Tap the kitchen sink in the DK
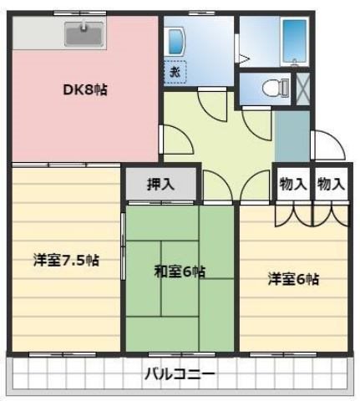point(84,35)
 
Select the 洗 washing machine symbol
point(175,73)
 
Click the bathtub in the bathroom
point(296,39)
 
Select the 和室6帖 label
point(180,271)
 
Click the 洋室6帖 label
point(292,279)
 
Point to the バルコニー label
point(180,373)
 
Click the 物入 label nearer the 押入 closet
point(293,184)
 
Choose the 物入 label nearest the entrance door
point(332,184)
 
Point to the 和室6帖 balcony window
point(180,355)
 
